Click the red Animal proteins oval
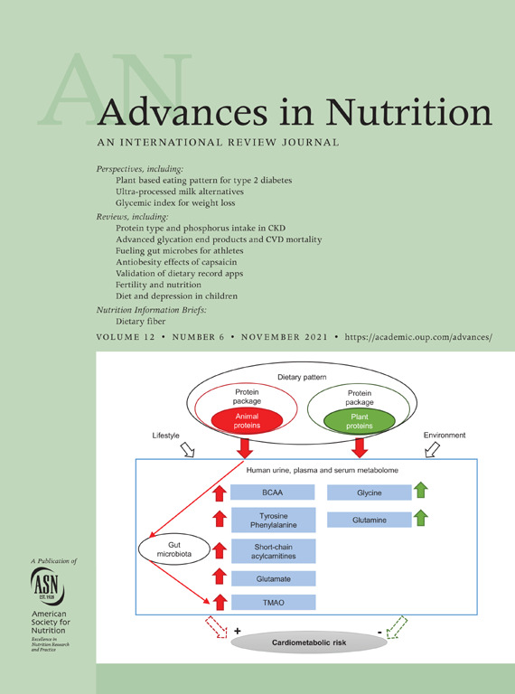coord(248,421)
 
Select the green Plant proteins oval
coord(360,421)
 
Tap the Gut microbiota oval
coord(173,549)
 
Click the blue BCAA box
coord(273,492)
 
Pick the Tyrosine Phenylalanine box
coord(274,520)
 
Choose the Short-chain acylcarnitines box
coord(274,551)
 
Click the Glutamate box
coord(274,578)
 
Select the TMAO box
coord(274,603)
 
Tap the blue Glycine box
coord(370,492)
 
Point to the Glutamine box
coord(370,520)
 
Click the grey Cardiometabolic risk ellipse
coord(309,642)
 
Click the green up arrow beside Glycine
coord(421,490)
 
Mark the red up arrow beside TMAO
coord(220,603)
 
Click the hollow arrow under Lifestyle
coord(188,451)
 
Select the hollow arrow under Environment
coord(432,451)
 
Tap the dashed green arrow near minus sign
coord(397,627)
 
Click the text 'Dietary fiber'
coord(141,322)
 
